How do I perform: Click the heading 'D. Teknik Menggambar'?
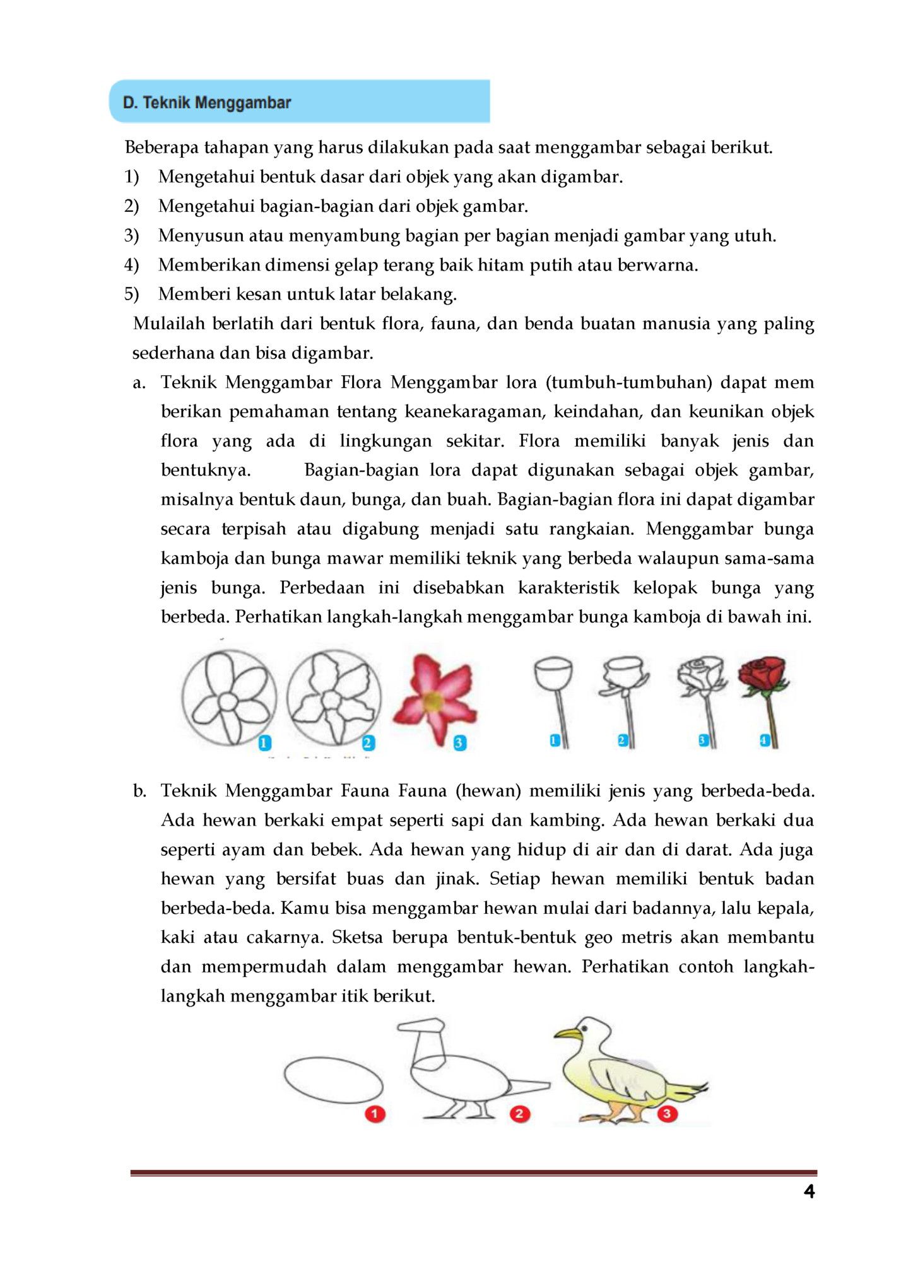207,102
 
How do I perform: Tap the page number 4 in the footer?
809,1191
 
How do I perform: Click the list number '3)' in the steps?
131,236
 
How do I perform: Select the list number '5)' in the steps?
131,295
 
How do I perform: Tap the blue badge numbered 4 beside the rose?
764,740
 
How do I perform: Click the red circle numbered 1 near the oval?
375,1114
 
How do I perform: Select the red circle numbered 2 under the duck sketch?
519,1114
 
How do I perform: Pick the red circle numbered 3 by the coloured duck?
666,1114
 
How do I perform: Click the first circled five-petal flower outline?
228,698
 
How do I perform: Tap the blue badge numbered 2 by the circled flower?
368,743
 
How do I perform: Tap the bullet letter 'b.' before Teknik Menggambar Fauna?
139,791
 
